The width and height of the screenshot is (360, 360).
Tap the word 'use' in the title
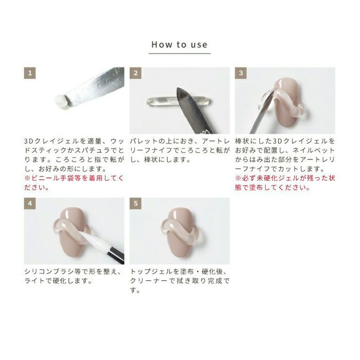(x=199, y=45)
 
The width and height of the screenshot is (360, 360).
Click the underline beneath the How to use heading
(x=179, y=53)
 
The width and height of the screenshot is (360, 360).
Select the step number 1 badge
(x=30, y=73)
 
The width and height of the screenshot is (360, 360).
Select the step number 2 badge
(x=135, y=73)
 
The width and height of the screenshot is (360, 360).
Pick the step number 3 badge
(x=241, y=73)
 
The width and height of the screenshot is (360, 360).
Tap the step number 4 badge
(x=30, y=204)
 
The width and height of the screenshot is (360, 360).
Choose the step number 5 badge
(x=135, y=204)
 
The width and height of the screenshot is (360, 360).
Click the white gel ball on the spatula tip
(x=62, y=102)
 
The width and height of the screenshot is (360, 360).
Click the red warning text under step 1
(x=74, y=183)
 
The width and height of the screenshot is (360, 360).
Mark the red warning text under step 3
(x=285, y=183)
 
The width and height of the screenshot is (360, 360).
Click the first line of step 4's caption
(x=73, y=272)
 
